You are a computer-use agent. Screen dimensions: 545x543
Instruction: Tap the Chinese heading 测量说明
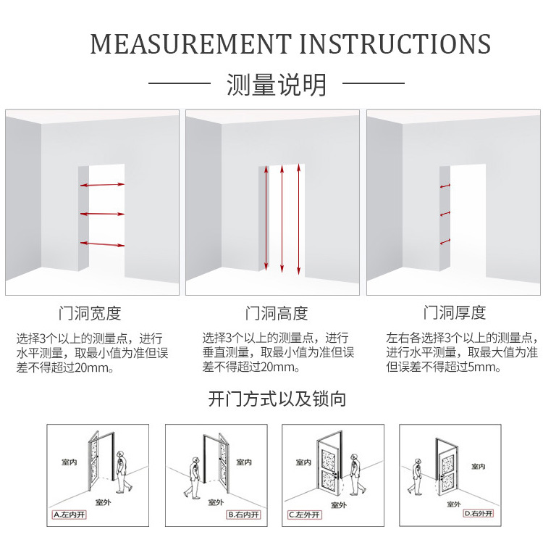point(277,85)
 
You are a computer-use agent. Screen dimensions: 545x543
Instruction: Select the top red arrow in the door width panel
point(102,186)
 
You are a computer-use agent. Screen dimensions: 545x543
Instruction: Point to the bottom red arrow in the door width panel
point(102,244)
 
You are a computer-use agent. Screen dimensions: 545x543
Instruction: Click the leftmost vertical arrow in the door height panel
point(266,217)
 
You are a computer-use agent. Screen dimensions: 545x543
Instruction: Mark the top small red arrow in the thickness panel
point(445,186)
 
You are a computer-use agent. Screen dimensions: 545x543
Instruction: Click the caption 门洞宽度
point(90,314)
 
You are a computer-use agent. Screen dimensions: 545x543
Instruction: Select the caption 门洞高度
point(277,314)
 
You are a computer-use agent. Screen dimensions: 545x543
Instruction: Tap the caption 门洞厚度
point(455,314)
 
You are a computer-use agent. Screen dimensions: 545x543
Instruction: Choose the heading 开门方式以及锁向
point(277,399)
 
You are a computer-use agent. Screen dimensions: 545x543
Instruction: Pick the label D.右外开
point(479,514)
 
